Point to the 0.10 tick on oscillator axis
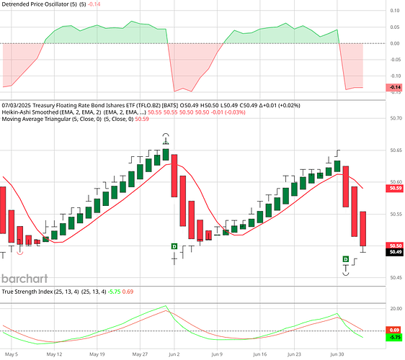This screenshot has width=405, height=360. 393,11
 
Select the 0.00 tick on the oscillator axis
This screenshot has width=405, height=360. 393,43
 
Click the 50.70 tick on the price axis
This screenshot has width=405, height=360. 395,118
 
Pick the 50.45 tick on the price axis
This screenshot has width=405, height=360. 395,277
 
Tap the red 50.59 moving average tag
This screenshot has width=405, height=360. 395,188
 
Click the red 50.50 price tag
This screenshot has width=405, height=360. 395,246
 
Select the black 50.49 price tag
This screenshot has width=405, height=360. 395,252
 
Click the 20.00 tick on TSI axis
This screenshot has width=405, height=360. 395,308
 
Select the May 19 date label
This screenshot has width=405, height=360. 97,355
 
